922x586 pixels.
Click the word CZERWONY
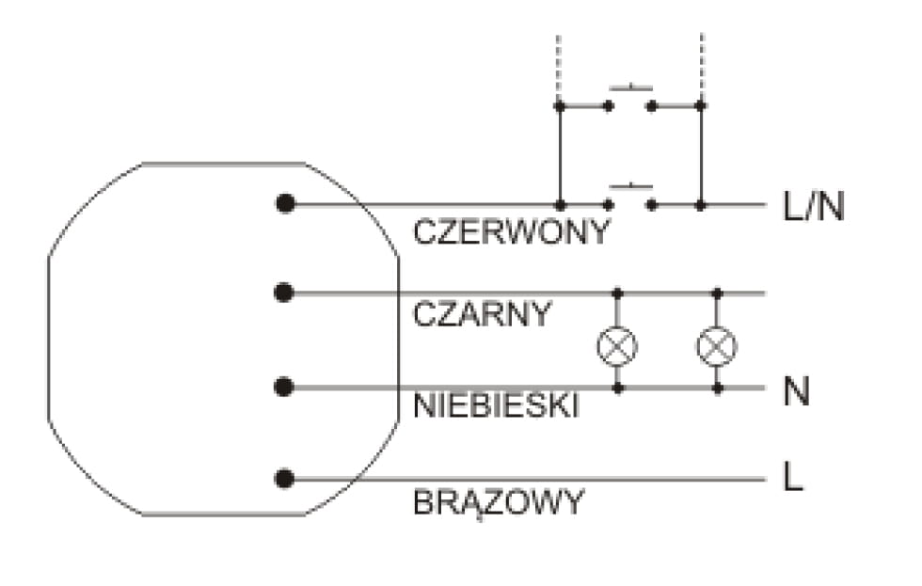click(x=512, y=232)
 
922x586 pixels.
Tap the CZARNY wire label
click(x=482, y=314)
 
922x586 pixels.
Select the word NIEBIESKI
click(x=496, y=406)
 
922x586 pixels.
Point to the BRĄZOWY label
click(x=499, y=502)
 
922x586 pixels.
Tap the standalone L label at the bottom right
click(x=793, y=479)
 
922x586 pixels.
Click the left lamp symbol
click(x=617, y=346)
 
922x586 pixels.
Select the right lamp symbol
click(x=717, y=346)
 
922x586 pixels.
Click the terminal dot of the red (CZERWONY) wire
click(x=285, y=203)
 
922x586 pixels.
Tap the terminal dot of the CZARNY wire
click(x=283, y=293)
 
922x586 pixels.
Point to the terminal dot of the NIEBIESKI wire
click(x=284, y=387)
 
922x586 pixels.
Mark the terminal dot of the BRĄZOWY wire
click(x=284, y=479)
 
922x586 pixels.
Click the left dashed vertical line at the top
click(x=560, y=66)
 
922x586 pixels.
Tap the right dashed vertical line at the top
click(x=701, y=66)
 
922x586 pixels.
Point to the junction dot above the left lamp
click(x=617, y=293)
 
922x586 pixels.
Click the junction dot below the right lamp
click(x=717, y=387)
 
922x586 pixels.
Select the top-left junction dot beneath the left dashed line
click(x=560, y=106)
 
